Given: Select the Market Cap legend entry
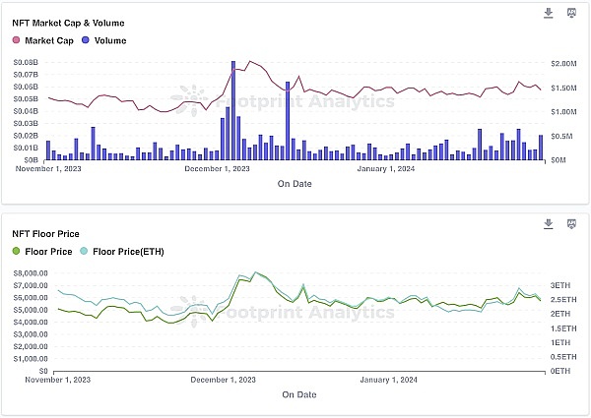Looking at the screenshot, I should click(44, 40).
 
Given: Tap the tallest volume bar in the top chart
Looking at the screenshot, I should click(233, 109).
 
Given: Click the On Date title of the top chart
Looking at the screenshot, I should click(295, 184).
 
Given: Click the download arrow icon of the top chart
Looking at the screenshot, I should click(549, 13).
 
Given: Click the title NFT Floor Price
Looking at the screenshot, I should click(46, 234).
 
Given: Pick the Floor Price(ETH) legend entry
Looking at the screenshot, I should click(127, 252).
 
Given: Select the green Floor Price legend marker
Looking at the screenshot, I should click(16, 252).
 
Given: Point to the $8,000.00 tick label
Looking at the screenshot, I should click(31, 273).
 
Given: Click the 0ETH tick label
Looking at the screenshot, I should click(560, 371).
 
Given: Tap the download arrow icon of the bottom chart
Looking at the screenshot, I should click(549, 224).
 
